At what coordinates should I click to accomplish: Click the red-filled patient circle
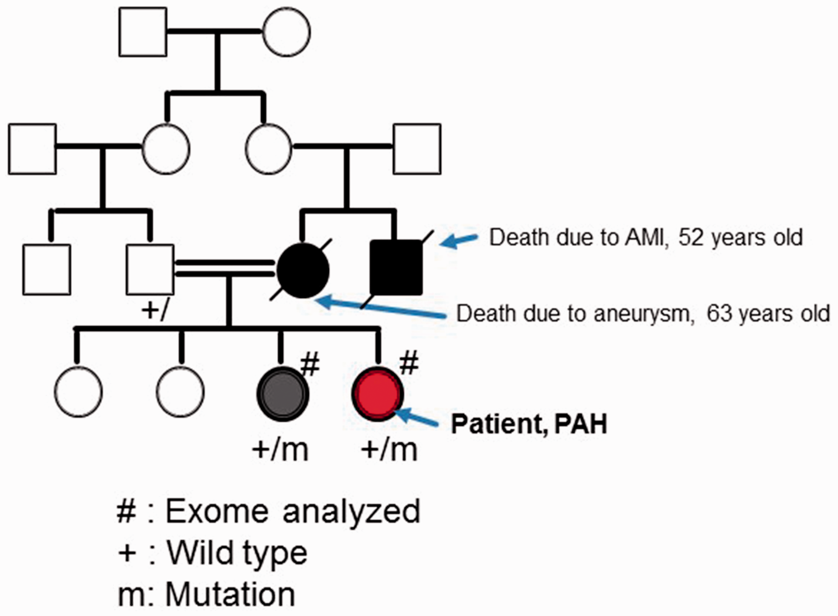(x=377, y=394)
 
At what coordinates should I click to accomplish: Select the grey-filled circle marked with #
(x=283, y=394)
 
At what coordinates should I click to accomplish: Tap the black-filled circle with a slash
(x=303, y=270)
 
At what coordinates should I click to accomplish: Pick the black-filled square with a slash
(x=396, y=267)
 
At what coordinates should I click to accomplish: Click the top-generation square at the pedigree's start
(x=143, y=32)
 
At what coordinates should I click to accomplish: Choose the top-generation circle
(x=287, y=32)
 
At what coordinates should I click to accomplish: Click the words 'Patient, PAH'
(x=529, y=424)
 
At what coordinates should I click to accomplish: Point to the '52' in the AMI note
(x=691, y=237)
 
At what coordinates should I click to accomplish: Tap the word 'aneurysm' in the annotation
(x=641, y=313)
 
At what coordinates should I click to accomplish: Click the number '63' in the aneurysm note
(x=719, y=313)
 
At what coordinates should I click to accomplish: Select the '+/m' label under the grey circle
(x=280, y=449)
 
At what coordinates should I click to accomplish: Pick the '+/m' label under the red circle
(x=389, y=449)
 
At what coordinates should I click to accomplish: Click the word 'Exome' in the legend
(x=217, y=511)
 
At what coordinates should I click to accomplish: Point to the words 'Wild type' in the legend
(x=237, y=553)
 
